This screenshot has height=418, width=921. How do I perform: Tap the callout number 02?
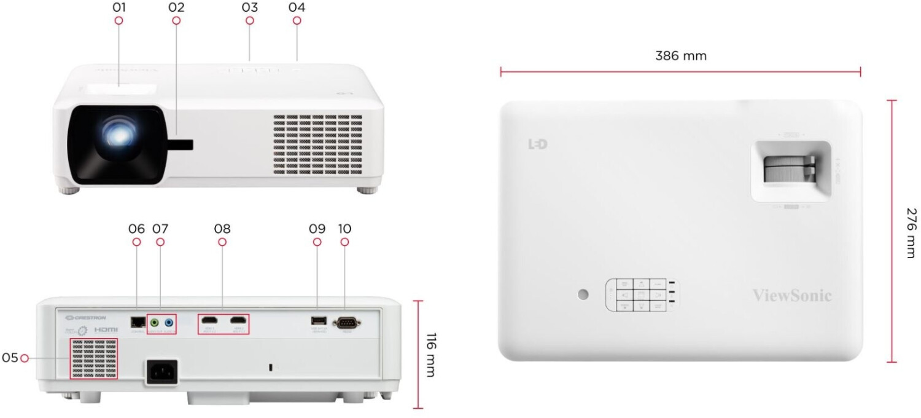pyautogui.click(x=176, y=8)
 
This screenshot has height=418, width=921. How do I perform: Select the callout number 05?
pyautogui.click(x=9, y=357)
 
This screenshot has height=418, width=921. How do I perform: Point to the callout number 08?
pyautogui.click(x=222, y=229)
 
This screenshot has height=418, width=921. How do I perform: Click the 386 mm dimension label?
pyautogui.click(x=680, y=56)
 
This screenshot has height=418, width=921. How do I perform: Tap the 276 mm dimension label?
pyautogui.click(x=911, y=232)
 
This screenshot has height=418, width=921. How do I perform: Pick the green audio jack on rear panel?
pyautogui.click(x=155, y=321)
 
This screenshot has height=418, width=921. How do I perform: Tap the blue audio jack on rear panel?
pyautogui.click(x=169, y=321)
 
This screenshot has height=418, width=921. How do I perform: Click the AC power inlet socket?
pyautogui.click(x=161, y=371)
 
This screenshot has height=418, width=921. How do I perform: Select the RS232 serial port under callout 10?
pyautogui.click(x=346, y=321)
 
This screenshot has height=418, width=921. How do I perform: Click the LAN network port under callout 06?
pyautogui.click(x=137, y=321)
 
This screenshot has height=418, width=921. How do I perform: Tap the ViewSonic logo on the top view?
pyautogui.click(x=792, y=296)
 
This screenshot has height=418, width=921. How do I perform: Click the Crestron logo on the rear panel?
pyautogui.click(x=86, y=317)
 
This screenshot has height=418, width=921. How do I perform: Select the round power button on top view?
pyautogui.click(x=583, y=294)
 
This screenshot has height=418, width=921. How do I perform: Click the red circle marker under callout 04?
pyautogui.click(x=297, y=21)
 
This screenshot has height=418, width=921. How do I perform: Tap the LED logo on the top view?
pyautogui.click(x=537, y=144)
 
